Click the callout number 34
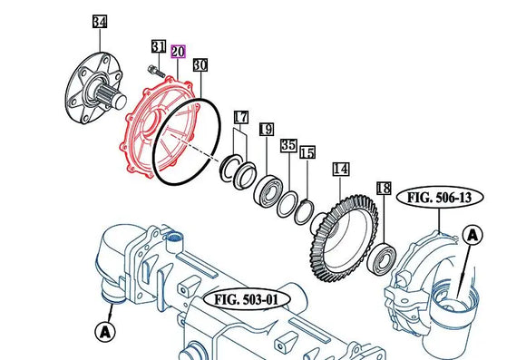tap(100, 22)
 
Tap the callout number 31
tap(159, 46)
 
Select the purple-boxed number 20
tap(178, 52)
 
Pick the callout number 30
tap(200, 64)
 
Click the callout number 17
tap(241, 117)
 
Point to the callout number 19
tap(267, 129)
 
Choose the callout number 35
tap(288, 145)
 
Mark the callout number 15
tap(307, 152)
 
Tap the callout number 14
tap(341, 169)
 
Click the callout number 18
tap(384, 189)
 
